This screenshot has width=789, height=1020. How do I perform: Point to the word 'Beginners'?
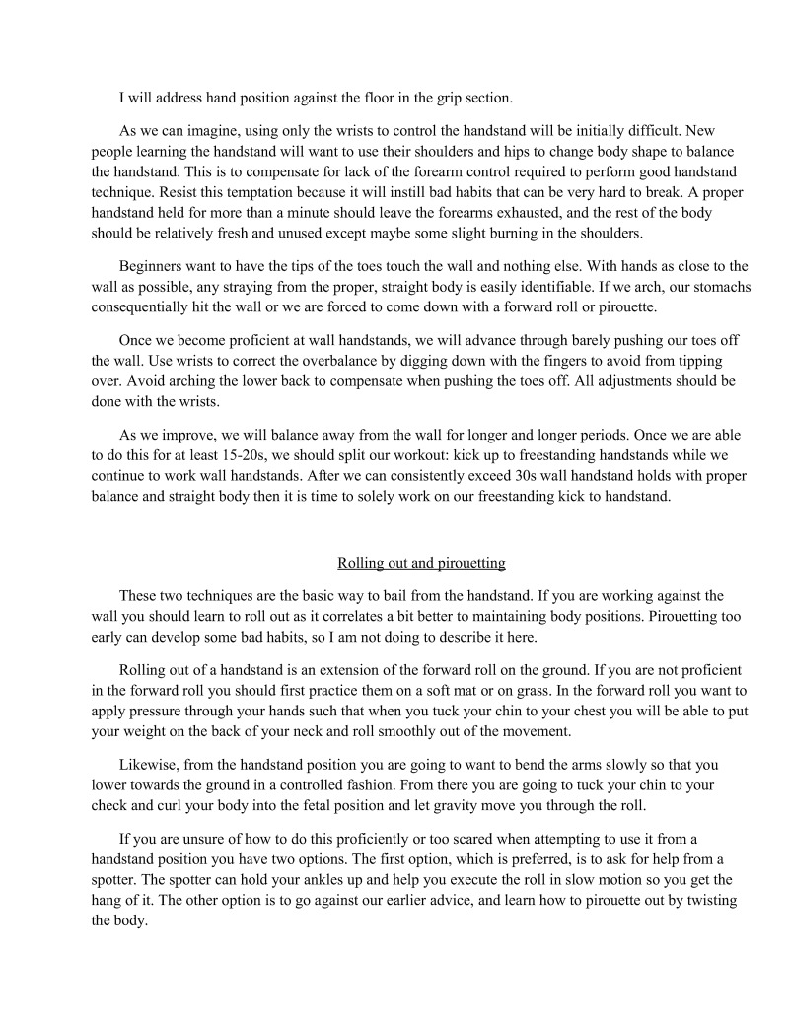coord(151,266)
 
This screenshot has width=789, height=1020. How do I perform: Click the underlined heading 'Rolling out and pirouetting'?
coord(421,564)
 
